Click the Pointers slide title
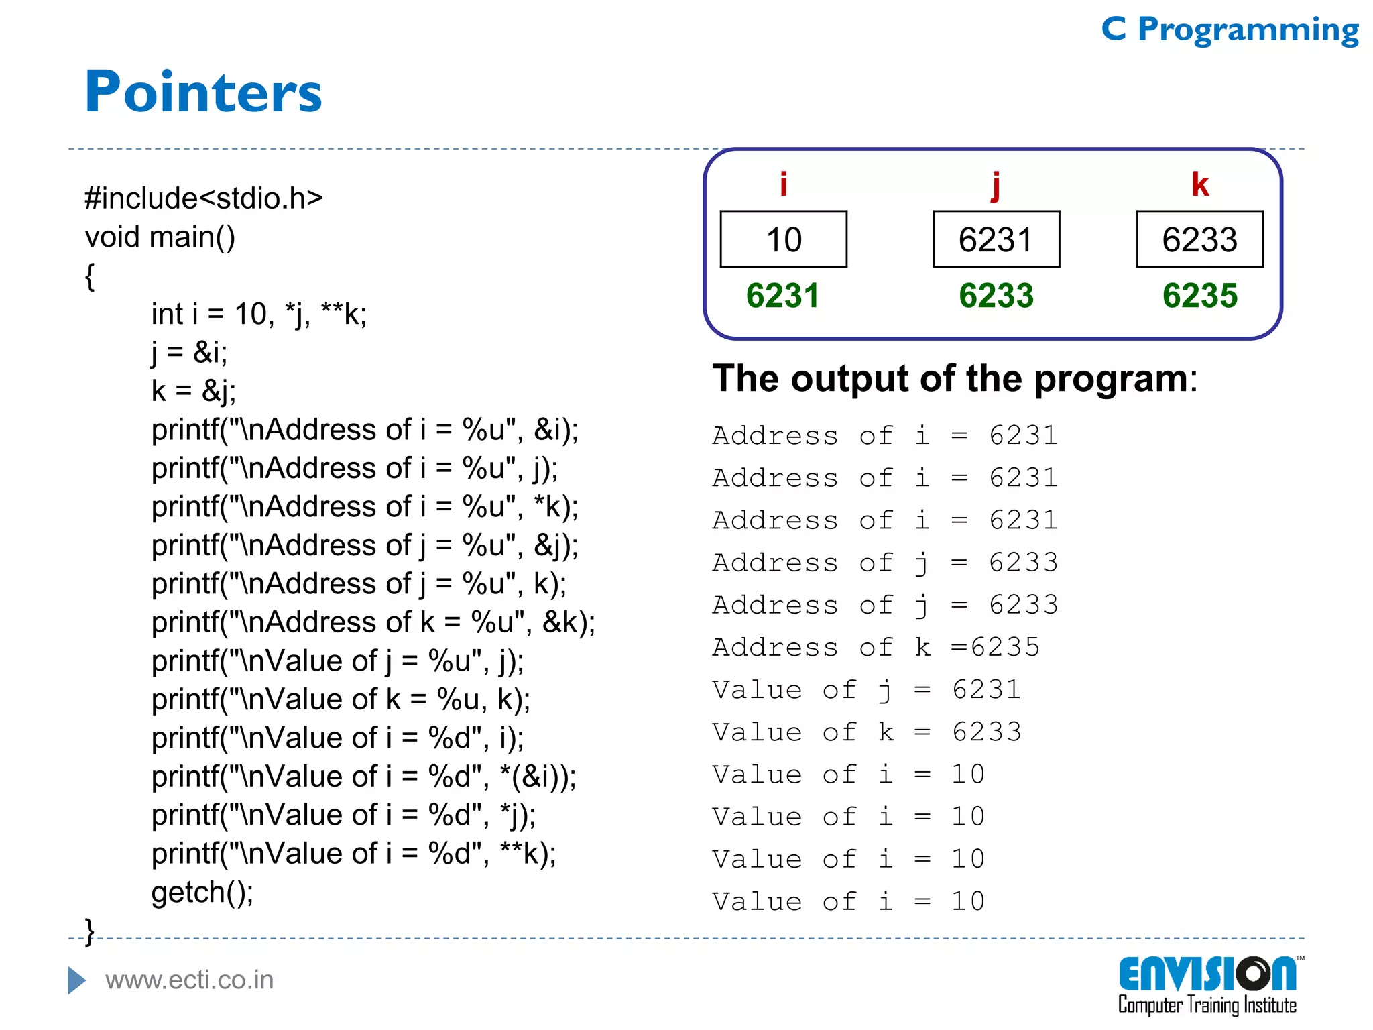[203, 92]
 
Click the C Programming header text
[1230, 30]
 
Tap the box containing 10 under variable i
[783, 239]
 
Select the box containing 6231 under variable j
[996, 239]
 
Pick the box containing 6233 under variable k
[1199, 239]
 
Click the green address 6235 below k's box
[1199, 296]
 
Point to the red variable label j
[996, 184]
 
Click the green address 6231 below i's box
[782, 296]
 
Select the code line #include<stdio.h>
[204, 198]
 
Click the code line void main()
[160, 237]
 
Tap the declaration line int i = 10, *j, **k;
[259, 314]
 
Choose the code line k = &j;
[193, 391]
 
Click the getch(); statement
[202, 893]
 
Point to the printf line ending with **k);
[353, 854]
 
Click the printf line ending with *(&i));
[363, 777]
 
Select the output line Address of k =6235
[875, 647]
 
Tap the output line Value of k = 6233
[866, 732]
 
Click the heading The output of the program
[953, 378]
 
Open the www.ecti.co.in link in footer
[189, 980]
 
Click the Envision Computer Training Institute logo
[1207, 984]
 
